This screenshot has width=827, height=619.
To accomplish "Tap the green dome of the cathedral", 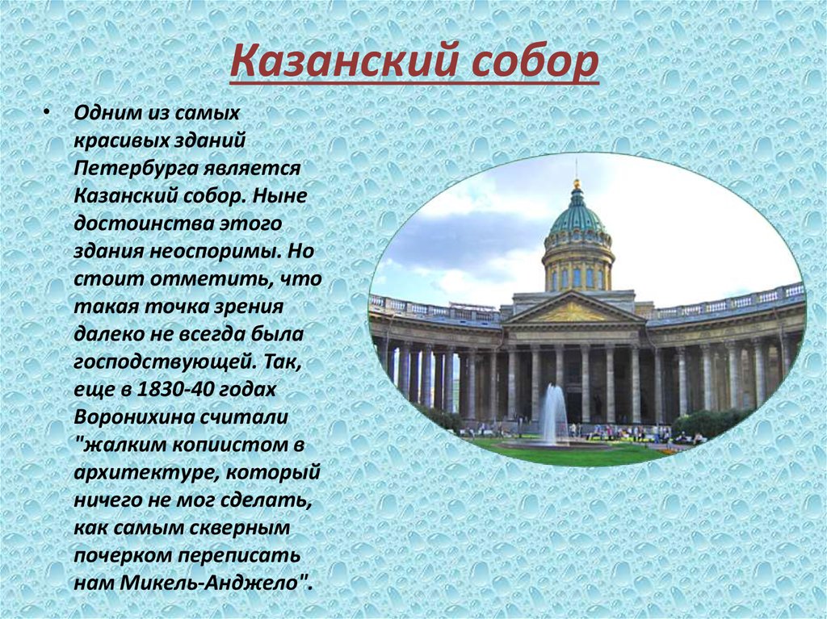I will pos(577,216).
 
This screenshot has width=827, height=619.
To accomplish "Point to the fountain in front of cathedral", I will pos(554,415).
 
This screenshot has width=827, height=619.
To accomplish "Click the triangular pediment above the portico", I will pos(573,310).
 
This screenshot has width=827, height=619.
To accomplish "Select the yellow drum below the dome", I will pos(577,270).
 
